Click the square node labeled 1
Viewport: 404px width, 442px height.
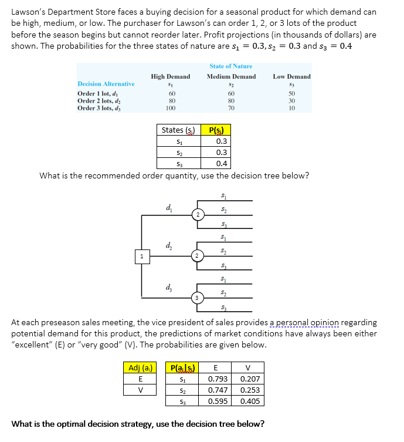[141, 256]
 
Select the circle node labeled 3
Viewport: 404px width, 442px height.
[199, 298]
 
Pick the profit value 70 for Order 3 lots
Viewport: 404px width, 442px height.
[231, 108]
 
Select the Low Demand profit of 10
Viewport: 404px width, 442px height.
[292, 108]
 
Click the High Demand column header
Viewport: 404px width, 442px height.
[171, 76]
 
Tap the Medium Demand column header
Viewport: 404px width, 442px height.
[231, 76]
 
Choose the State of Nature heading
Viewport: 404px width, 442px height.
[230, 66]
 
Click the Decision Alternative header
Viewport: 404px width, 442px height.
[106, 84]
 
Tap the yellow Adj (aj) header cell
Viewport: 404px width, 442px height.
[140, 368]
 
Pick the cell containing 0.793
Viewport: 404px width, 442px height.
[218, 379]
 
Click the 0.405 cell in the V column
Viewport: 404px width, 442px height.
[250, 401]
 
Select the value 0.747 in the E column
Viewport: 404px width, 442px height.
[218, 390]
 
